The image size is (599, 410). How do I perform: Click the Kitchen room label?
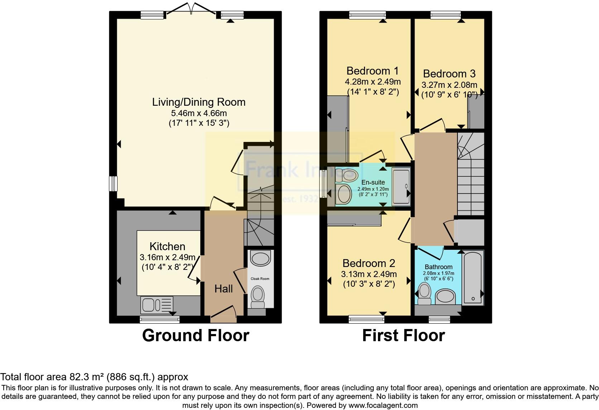(x=167, y=247)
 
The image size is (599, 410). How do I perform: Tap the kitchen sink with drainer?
(x=157, y=305)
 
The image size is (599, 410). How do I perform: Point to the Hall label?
(x=224, y=289)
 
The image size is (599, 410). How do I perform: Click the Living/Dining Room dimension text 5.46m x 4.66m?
(x=199, y=114)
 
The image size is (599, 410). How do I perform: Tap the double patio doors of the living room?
(x=191, y=9)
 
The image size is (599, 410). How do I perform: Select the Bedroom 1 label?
(x=373, y=71)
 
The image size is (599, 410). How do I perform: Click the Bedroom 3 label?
(x=449, y=74)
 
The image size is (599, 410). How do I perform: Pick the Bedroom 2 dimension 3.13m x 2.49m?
(x=369, y=274)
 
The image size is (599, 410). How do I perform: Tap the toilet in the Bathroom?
(x=425, y=293)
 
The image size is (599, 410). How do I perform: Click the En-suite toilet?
(x=348, y=175)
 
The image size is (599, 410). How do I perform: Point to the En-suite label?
(x=373, y=182)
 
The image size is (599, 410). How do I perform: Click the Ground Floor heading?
(x=195, y=335)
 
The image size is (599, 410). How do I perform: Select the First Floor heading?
(x=403, y=335)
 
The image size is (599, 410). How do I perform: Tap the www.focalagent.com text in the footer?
(x=383, y=406)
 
